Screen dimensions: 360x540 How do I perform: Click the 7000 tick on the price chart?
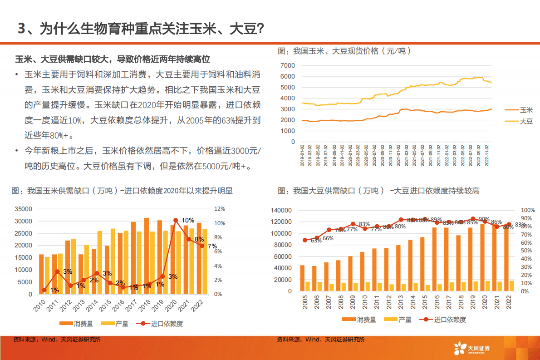(287, 65)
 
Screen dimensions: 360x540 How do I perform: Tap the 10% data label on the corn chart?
(188, 220)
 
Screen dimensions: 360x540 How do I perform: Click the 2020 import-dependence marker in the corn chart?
(176, 221)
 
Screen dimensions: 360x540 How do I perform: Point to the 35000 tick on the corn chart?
(23, 209)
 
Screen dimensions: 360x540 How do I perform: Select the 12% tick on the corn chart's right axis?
(220, 209)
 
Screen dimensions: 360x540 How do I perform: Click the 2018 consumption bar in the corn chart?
(147, 256)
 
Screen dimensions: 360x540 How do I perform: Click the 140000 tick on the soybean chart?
(285, 210)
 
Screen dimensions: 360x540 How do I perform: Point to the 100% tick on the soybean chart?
(528, 210)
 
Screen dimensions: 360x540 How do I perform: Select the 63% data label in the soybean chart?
(316, 241)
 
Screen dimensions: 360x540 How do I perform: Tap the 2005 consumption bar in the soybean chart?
(303, 278)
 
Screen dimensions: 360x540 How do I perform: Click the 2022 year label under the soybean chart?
(510, 302)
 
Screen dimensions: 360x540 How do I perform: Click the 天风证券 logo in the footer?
(472, 349)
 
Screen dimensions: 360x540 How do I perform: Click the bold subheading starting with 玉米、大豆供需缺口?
(113, 59)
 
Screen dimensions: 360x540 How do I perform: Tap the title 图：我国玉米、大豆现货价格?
(344, 51)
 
